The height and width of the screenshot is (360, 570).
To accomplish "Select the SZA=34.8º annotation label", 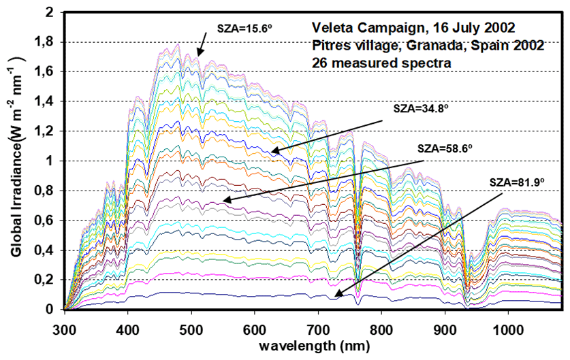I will [x=419, y=108].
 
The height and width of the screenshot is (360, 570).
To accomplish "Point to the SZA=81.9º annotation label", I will [x=517, y=182].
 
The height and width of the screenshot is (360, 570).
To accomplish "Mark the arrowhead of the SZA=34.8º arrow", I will [x=272, y=151].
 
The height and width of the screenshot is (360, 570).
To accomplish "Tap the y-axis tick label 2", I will [x=50, y=12].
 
